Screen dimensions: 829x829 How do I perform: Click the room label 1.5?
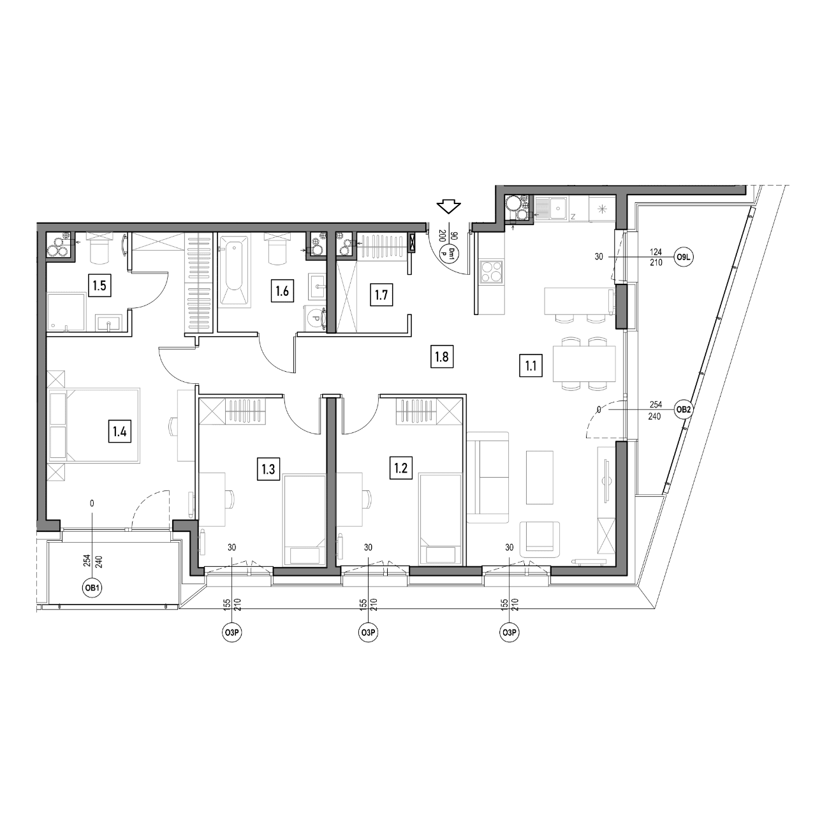[x=99, y=286]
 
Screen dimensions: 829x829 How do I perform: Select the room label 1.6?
[x=282, y=291]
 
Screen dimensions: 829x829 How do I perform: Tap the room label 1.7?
[x=381, y=295]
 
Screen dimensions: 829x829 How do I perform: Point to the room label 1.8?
[x=442, y=356]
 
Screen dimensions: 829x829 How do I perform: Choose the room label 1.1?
[x=531, y=366]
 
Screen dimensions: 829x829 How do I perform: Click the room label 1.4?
[x=120, y=432]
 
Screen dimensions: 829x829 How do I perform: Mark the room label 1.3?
[x=268, y=469]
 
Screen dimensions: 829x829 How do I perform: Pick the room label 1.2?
[x=401, y=467]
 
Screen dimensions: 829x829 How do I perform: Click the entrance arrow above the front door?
[x=448, y=207]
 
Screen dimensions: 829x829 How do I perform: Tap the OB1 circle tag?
[x=92, y=588]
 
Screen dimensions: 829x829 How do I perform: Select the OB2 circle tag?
[x=683, y=410]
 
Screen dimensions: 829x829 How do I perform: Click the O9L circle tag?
[x=683, y=258]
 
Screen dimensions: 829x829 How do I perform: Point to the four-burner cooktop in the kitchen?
[x=492, y=272]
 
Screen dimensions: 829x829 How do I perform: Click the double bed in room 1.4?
[x=94, y=426]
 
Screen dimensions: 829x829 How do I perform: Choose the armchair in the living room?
[x=540, y=539]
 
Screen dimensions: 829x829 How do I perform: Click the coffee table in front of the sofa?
[x=539, y=477]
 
